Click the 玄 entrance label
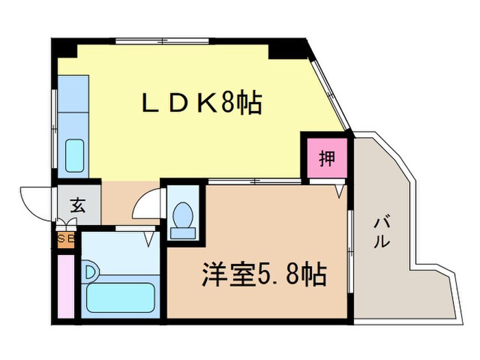click(x=77, y=204)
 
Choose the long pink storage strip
click(x=66, y=285)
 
